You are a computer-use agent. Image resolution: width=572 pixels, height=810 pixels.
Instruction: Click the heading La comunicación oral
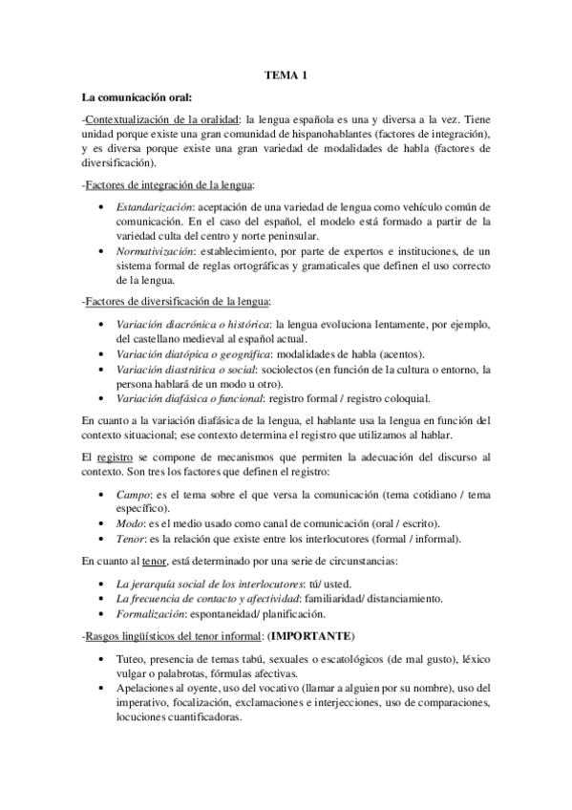click(x=138, y=96)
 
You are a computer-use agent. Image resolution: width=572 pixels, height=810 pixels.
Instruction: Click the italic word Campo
click(x=132, y=496)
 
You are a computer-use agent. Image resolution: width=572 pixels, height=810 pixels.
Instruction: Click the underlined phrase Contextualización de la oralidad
click(x=161, y=119)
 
